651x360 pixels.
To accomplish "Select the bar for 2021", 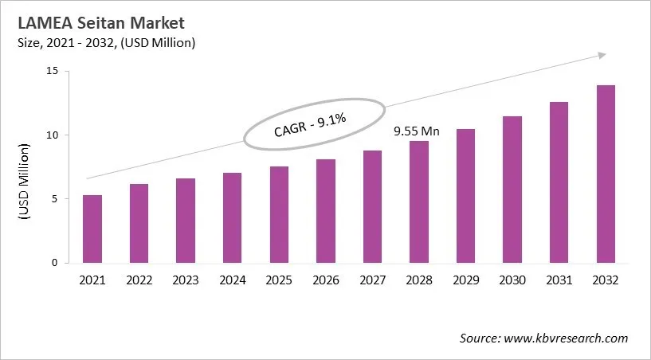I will (x=92, y=229).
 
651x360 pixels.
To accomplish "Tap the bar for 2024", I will (x=232, y=218).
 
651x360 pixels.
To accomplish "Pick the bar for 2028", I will (x=419, y=202).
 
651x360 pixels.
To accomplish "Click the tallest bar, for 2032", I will (x=606, y=174).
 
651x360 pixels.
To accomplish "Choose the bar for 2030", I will (x=512, y=190).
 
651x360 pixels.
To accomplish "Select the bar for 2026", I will (x=325, y=211).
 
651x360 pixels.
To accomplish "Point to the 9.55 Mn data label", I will (x=418, y=130).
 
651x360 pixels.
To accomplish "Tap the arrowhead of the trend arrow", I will (x=602, y=55).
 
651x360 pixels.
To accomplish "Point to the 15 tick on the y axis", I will (x=53, y=71).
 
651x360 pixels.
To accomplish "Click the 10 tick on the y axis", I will (x=53, y=135).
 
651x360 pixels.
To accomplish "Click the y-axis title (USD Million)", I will (x=25, y=182).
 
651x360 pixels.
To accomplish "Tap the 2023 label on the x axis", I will (x=186, y=280).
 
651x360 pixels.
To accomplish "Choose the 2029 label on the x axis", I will (x=465, y=280).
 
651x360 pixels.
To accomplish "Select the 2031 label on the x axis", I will (x=559, y=280).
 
